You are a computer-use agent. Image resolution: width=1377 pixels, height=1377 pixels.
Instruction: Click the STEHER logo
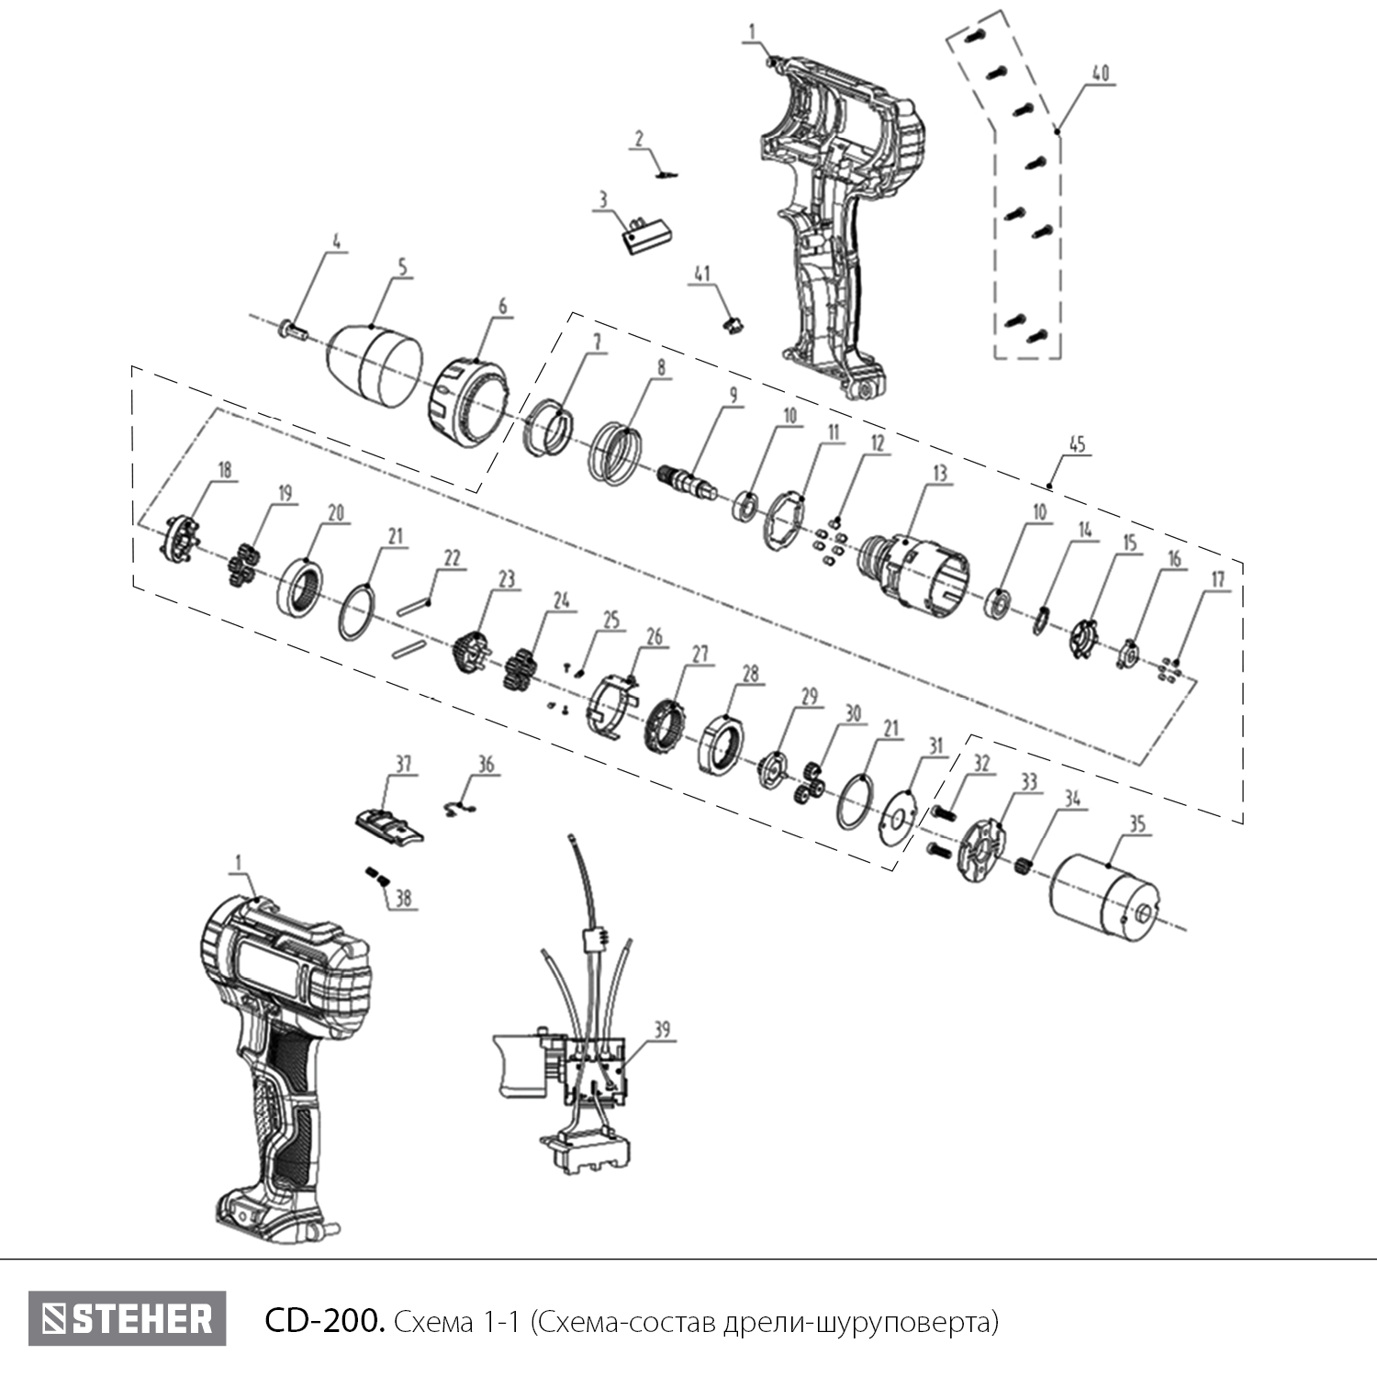coord(127,1319)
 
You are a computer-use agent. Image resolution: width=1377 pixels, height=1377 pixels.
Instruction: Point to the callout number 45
coord(1077,444)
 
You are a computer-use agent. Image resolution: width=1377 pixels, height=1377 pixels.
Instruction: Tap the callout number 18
coord(224,470)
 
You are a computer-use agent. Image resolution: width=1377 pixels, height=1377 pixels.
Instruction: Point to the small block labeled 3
coord(643,233)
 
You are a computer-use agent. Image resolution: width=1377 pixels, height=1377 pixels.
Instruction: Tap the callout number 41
coord(702,274)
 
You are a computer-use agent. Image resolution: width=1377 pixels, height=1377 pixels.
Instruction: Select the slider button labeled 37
coord(389,821)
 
